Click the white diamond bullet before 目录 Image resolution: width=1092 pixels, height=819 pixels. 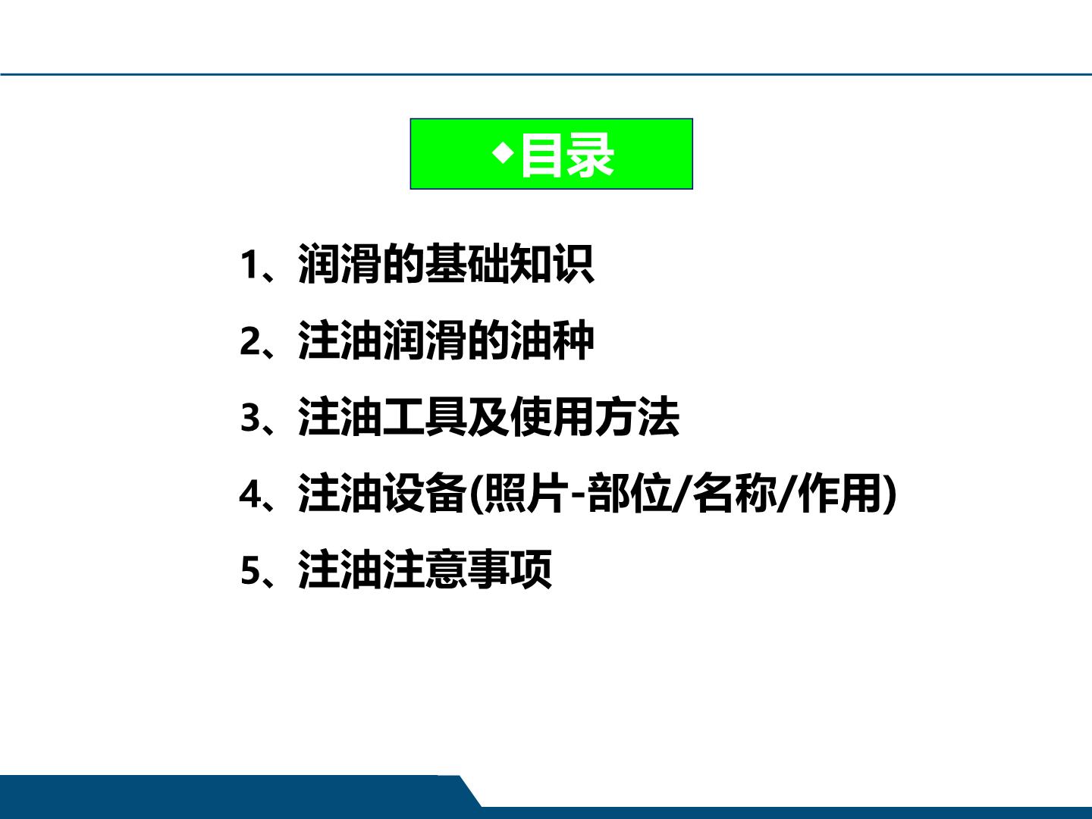point(503,152)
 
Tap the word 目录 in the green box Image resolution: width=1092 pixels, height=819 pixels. point(568,155)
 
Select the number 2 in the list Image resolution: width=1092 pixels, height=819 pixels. point(249,341)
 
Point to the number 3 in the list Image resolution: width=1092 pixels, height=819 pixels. point(249,418)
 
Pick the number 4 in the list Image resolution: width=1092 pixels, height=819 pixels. point(250,494)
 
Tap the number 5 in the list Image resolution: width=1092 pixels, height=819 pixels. point(249,571)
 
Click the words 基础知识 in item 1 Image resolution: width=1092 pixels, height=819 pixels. point(509,264)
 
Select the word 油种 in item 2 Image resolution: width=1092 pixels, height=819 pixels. point(552,340)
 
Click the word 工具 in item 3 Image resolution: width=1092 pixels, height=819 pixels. point(425,417)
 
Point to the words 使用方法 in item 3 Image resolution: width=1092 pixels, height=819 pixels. point(595,417)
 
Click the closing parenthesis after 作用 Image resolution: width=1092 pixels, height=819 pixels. point(890,494)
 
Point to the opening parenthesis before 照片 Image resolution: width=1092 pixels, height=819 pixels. point(476,494)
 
